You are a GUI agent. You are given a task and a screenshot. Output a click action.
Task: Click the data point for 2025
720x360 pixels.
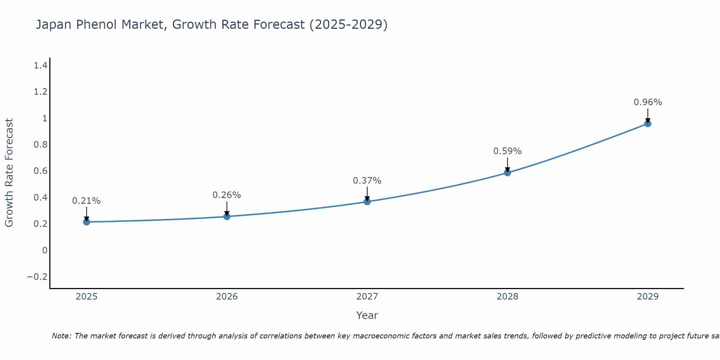click(x=86, y=222)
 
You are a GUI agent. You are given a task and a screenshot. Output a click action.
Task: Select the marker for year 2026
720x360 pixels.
click(x=227, y=216)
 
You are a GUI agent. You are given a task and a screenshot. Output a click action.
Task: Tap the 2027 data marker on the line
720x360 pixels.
click(x=367, y=202)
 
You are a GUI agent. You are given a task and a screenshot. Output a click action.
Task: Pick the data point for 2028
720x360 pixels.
click(x=507, y=173)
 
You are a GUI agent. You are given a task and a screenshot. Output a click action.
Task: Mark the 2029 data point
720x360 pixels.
click(x=648, y=123)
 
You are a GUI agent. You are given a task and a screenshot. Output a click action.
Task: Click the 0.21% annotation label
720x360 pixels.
click(x=86, y=201)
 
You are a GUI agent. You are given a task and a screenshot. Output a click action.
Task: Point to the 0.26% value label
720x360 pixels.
click(x=227, y=195)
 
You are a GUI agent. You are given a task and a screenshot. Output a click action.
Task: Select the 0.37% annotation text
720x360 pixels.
click(x=367, y=181)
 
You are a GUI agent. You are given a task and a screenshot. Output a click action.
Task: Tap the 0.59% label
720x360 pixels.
click(x=507, y=151)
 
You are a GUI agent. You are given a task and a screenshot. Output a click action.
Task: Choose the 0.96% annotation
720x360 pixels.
click(x=648, y=102)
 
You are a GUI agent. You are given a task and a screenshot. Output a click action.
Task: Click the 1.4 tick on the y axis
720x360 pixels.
click(x=40, y=65)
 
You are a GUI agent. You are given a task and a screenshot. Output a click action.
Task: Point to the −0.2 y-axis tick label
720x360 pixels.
click(x=37, y=276)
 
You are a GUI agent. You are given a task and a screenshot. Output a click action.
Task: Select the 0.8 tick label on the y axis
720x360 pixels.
click(x=40, y=144)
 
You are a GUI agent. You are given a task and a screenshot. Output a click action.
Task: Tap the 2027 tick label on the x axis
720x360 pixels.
click(x=367, y=297)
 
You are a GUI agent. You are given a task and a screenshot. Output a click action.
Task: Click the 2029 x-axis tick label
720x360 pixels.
click(x=648, y=297)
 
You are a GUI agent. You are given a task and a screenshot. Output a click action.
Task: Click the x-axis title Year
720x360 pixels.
click(x=367, y=315)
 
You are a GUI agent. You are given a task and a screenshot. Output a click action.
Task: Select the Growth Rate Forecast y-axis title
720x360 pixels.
click(x=9, y=173)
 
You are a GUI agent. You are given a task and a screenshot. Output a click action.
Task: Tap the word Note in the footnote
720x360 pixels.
click(x=61, y=336)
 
